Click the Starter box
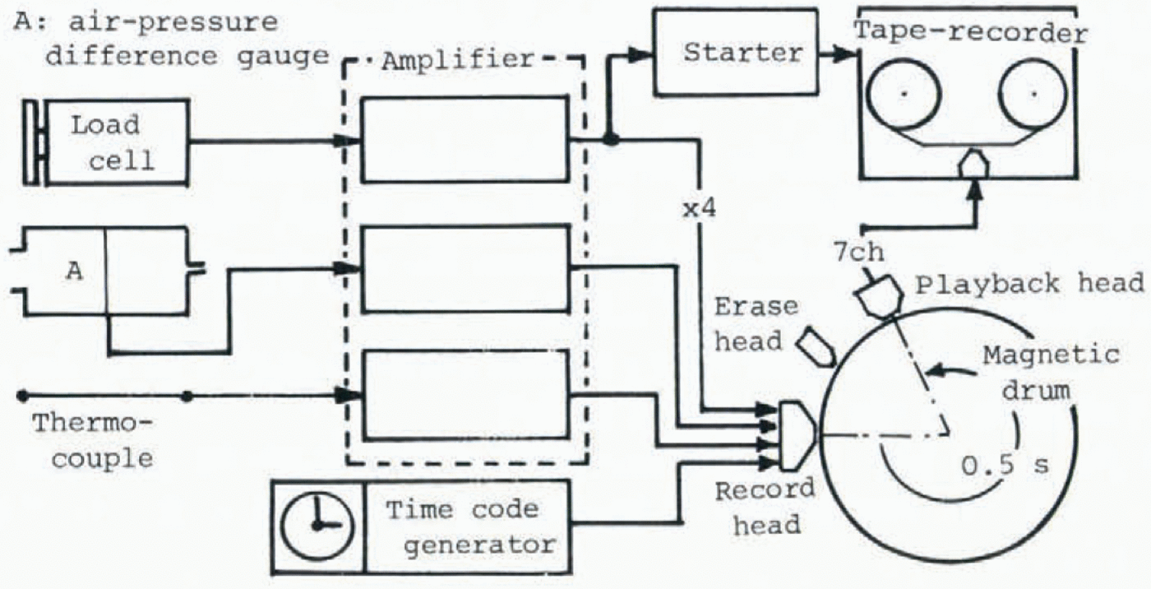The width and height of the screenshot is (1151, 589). point(735,53)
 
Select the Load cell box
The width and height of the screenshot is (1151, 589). point(118,141)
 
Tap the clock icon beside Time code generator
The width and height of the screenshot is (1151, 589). point(317,526)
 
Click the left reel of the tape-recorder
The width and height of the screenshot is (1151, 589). point(904,94)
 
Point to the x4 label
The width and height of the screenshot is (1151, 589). point(700,209)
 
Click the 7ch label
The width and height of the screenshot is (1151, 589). point(858,252)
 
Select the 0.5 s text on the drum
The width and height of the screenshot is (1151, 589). point(1005,466)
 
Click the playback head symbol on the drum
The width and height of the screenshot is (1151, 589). point(880,296)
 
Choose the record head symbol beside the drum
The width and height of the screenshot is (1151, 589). point(797,436)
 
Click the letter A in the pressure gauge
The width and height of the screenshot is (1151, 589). point(75,271)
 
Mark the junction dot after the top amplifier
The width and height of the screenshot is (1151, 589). point(610,139)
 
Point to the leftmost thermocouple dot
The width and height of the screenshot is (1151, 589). point(22,396)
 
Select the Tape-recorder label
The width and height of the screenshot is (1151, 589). point(971,32)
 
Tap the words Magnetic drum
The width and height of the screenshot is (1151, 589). point(1048,373)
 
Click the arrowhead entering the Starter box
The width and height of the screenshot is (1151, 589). point(640,54)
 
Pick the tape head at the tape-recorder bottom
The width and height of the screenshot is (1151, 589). point(973,165)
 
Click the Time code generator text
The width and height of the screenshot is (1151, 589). point(470,526)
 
